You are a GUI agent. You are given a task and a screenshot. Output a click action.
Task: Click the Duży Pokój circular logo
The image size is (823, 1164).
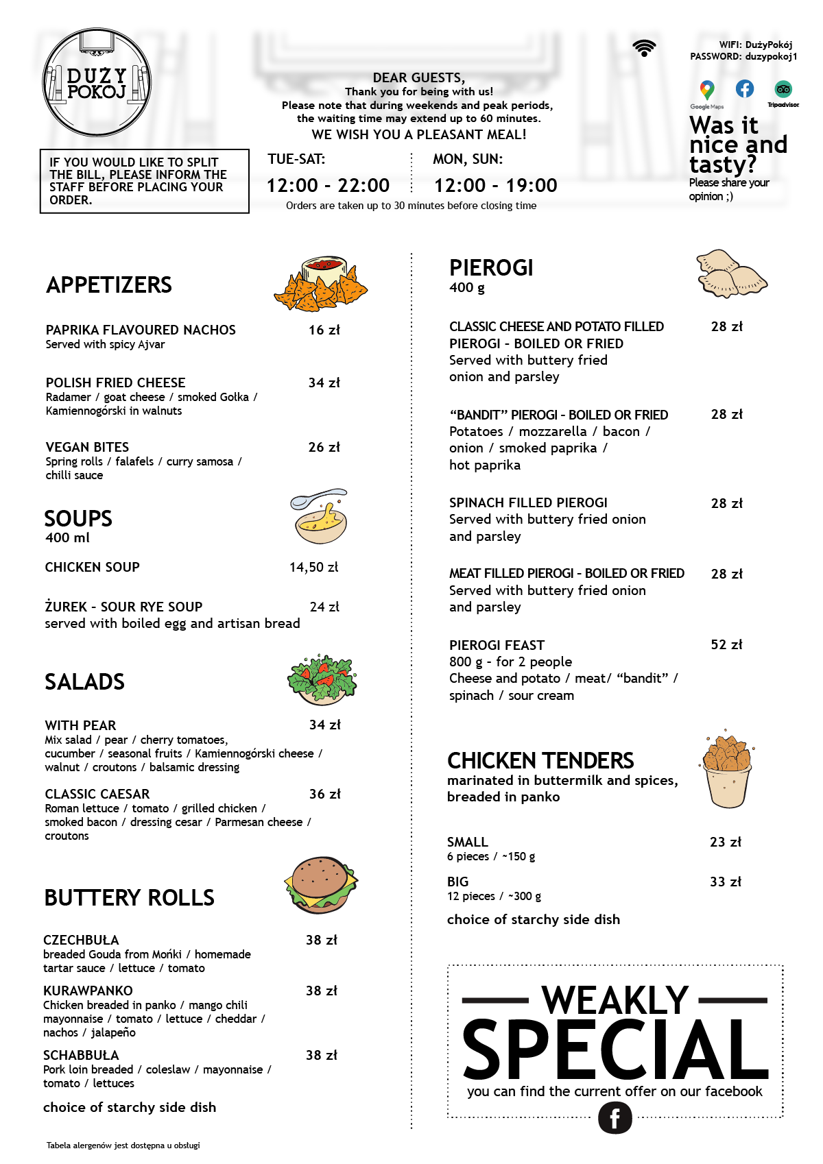[x=97, y=83]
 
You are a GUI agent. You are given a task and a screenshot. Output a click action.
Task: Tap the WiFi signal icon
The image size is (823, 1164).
[x=644, y=48]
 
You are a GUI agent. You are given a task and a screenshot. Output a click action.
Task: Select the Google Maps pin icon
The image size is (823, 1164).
[x=706, y=90]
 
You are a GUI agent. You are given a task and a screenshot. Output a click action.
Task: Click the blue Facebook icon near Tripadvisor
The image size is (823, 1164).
[x=745, y=88]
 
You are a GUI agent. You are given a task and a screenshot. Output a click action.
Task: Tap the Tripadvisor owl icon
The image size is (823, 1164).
[x=783, y=89]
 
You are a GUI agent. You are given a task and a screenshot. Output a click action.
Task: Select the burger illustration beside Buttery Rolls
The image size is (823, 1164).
[x=320, y=884]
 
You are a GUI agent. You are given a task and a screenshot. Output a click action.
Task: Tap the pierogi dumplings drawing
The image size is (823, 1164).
[x=730, y=274]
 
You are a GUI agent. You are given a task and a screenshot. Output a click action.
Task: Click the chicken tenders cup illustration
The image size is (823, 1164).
[x=727, y=771]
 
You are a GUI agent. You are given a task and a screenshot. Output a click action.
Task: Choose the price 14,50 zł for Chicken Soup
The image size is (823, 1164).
[x=313, y=567]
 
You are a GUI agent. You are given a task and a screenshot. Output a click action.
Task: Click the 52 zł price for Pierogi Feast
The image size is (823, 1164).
[x=726, y=644]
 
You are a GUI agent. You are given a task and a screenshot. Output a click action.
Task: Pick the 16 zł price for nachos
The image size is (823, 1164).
[x=324, y=330]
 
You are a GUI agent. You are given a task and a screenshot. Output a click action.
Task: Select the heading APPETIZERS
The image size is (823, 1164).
[x=109, y=285]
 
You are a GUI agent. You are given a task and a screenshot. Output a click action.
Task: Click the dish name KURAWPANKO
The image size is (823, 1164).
[x=88, y=991]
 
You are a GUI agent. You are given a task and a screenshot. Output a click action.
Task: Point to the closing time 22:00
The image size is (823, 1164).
[x=363, y=185]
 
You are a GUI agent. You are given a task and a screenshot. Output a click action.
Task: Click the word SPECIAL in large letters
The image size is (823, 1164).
[x=615, y=1049]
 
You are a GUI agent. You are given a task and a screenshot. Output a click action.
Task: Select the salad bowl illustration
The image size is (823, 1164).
[x=322, y=679]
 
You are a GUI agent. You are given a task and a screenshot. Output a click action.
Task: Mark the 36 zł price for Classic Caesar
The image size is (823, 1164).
[x=324, y=794]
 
